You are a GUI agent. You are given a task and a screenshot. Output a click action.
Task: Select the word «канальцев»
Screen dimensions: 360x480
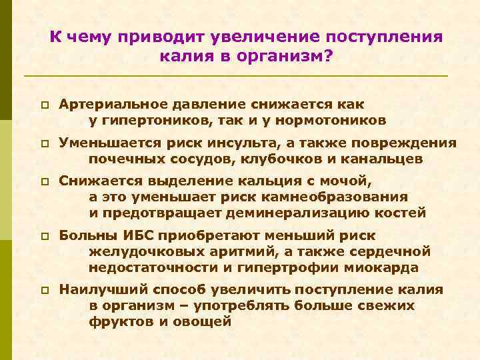coord(381,160)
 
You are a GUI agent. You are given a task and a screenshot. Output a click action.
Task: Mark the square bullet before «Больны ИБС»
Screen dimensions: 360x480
coord(42,237)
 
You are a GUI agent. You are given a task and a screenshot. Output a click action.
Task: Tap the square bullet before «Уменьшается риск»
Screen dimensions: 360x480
coord(42,144)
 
